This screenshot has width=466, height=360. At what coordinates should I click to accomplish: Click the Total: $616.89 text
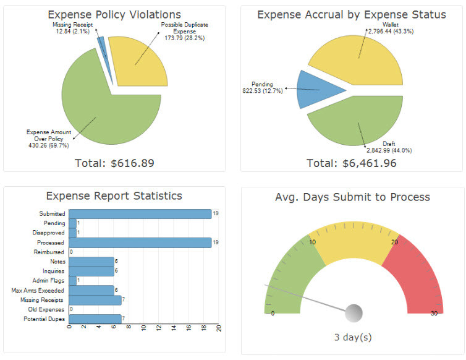click(114, 163)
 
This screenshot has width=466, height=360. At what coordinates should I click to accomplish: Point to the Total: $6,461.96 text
click(352, 163)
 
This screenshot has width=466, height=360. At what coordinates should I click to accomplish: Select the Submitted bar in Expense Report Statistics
click(140, 213)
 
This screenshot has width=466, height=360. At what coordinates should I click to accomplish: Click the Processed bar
click(140, 242)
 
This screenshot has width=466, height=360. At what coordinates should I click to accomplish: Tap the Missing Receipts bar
click(95, 299)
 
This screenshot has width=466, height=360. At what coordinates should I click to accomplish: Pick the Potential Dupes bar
click(95, 319)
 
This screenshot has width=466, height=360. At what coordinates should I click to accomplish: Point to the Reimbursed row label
click(50, 252)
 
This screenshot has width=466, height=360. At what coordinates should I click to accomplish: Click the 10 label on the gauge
click(313, 241)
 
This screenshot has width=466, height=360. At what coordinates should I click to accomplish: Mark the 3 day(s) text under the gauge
click(352, 338)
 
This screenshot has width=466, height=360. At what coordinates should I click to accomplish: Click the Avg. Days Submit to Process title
click(352, 197)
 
